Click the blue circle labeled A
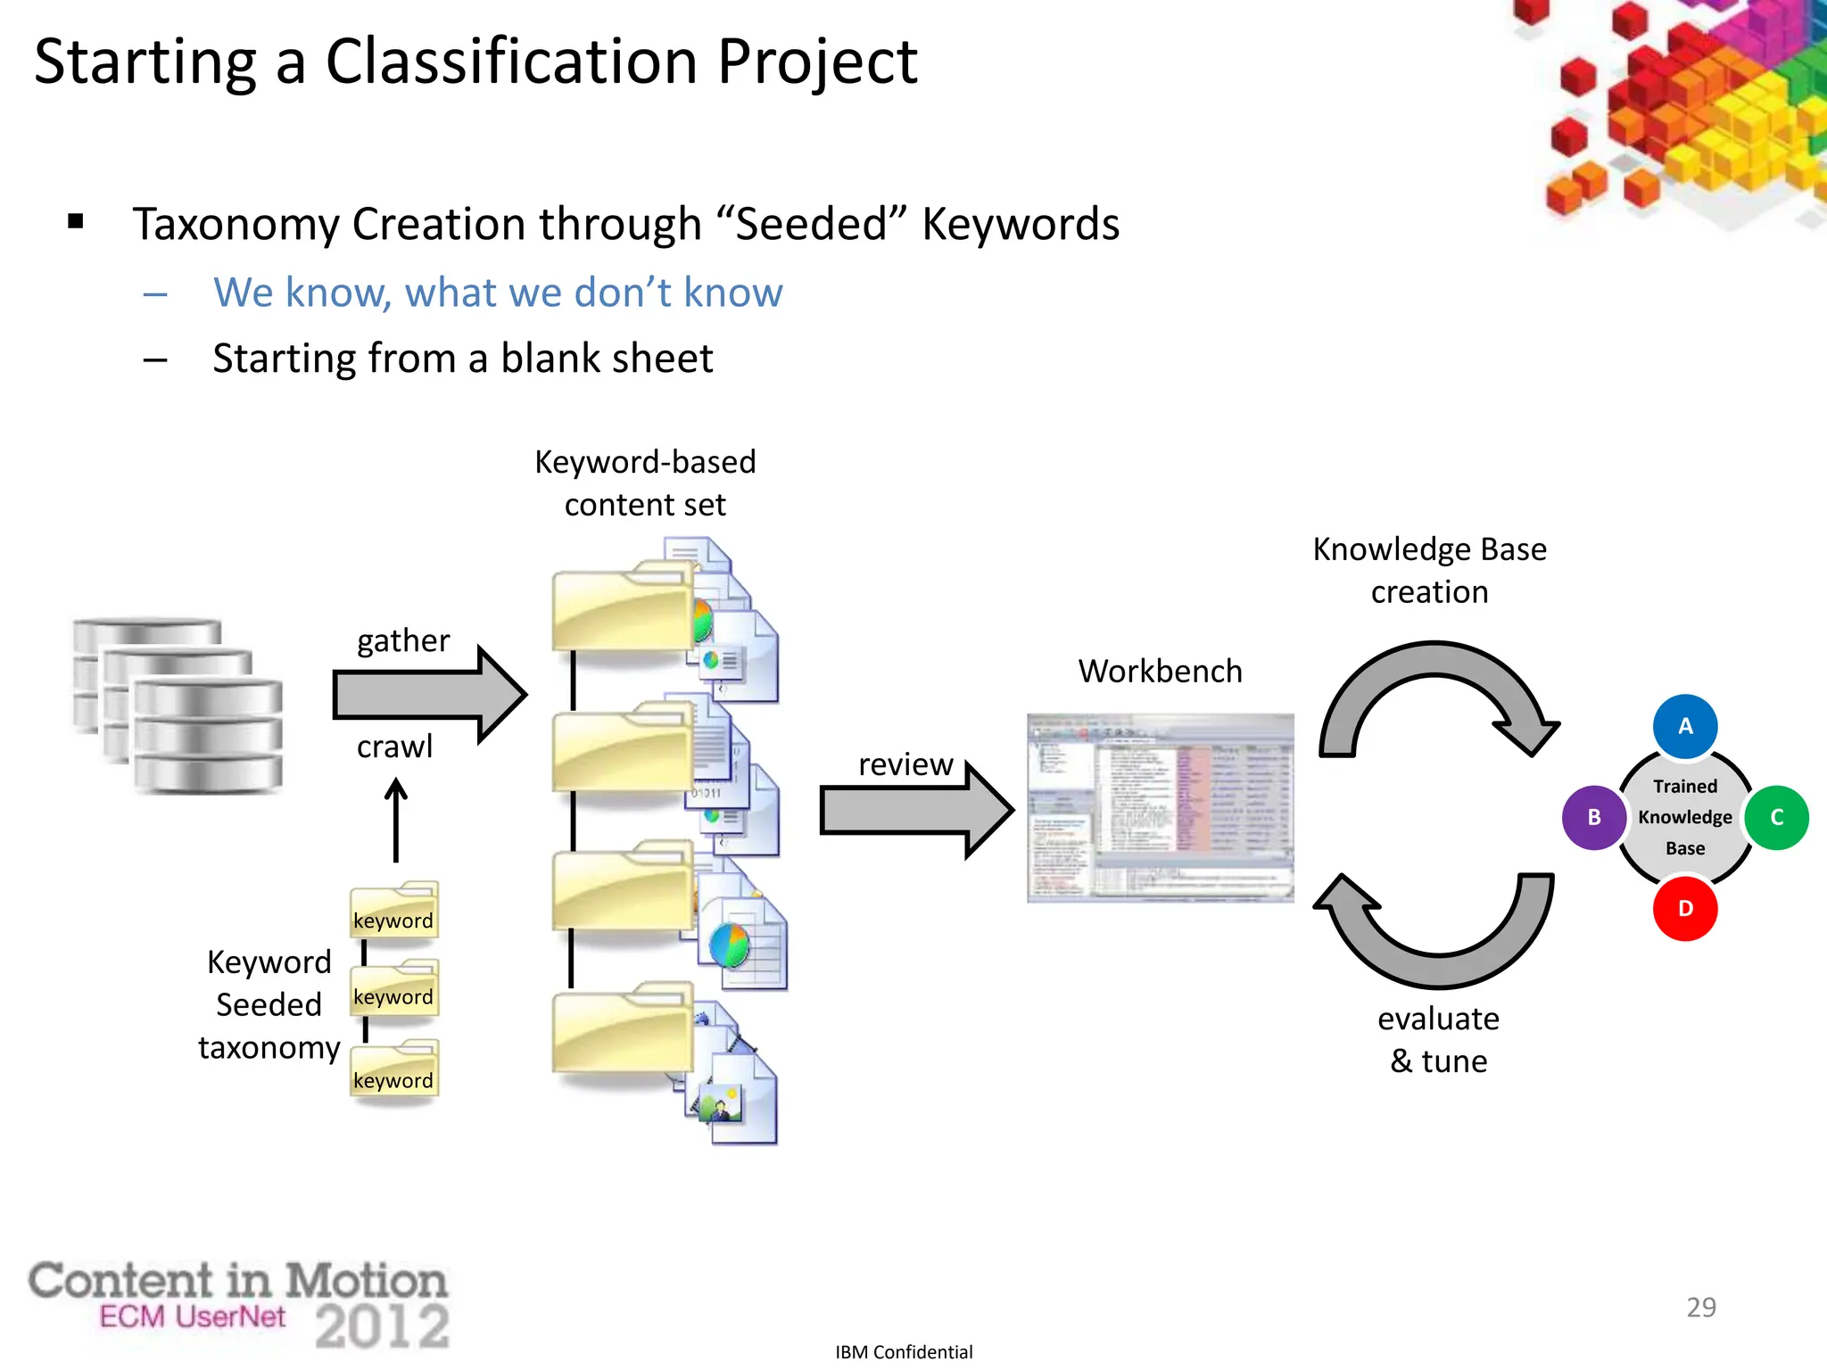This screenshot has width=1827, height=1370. pyautogui.click(x=1684, y=726)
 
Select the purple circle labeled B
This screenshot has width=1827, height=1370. pyautogui.click(x=1593, y=817)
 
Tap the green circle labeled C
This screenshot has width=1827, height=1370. pyautogui.click(x=1776, y=817)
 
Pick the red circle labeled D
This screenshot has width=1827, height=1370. pyautogui.click(x=1684, y=908)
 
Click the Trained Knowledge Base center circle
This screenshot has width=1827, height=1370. pyautogui.click(x=1684, y=817)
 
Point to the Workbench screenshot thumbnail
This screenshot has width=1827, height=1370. pyautogui.click(x=1160, y=807)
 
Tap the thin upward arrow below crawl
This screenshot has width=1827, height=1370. pyautogui.click(x=396, y=821)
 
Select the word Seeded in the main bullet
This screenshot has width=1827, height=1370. pyautogui.click(x=811, y=224)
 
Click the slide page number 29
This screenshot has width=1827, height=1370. pyautogui.click(x=1700, y=1307)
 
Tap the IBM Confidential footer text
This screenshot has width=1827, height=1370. pyautogui.click(x=903, y=1351)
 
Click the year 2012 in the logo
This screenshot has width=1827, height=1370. pyautogui.click(x=382, y=1325)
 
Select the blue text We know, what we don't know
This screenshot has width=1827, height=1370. pyautogui.click(x=497, y=293)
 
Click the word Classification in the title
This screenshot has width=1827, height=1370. pyautogui.click(x=510, y=62)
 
